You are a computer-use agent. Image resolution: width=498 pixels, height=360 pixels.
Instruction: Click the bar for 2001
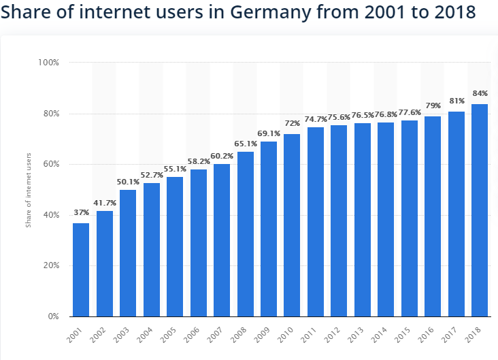81,269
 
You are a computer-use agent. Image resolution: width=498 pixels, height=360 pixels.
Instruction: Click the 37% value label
81,213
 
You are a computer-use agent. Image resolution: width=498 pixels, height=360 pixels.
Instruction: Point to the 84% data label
480,93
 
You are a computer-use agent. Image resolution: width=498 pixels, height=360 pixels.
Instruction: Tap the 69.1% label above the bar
268,131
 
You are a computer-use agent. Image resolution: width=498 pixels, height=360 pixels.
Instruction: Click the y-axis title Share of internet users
29,190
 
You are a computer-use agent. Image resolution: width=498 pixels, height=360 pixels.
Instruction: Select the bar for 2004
151,250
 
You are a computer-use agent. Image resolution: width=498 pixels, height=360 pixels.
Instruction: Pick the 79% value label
433,106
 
